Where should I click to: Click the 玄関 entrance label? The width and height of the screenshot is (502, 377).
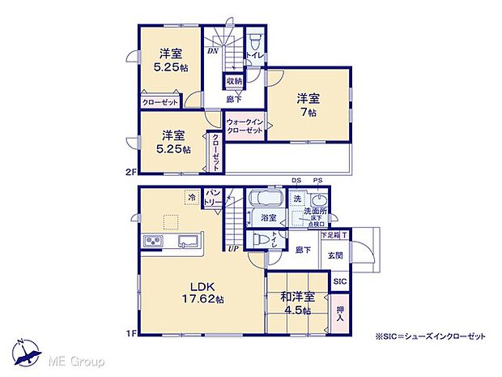click(335, 254)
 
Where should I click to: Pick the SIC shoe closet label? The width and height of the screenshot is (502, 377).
click(339, 281)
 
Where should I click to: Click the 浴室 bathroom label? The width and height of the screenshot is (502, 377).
click(268, 217)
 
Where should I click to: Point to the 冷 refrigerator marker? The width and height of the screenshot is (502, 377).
click(192, 197)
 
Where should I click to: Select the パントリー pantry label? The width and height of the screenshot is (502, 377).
click(213, 197)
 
